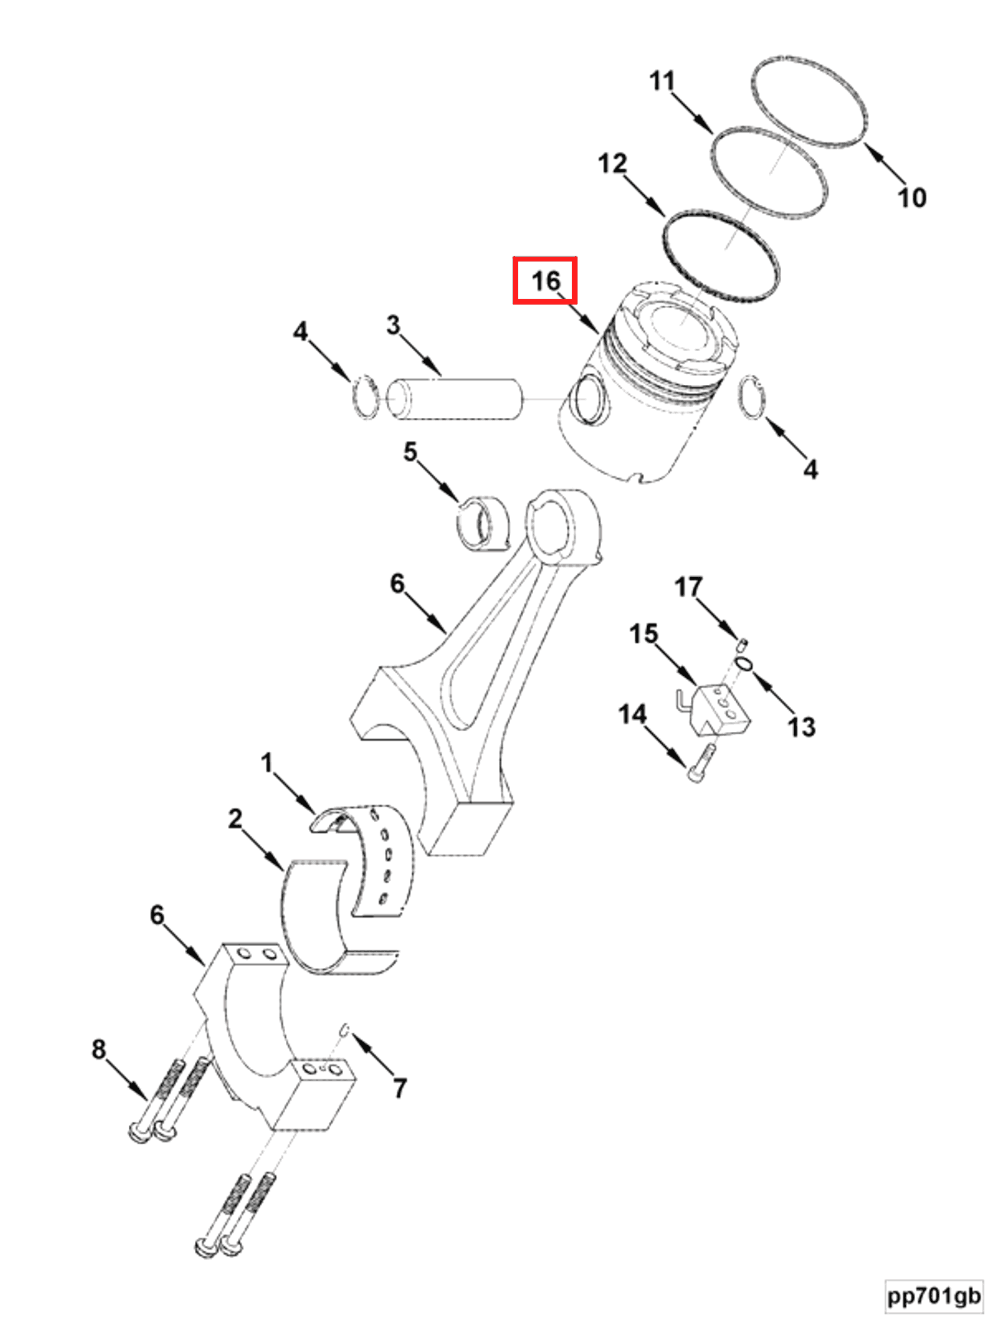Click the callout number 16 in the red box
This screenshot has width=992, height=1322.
coord(546,281)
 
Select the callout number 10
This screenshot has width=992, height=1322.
coord(911,197)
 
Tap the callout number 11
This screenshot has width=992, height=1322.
coord(661,81)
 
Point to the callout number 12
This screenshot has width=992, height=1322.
coord(612,163)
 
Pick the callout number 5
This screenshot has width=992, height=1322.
coord(410,452)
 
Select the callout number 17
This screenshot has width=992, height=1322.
coord(688,587)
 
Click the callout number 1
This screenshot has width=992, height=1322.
coord(267,763)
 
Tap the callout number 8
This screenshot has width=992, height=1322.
coord(99,1048)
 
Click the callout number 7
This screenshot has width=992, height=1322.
coord(399,1088)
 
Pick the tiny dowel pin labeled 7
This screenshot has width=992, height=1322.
coord(345,1028)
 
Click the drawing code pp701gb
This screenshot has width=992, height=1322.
coord(934,1295)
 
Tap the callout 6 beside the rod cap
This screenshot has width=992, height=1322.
coord(156,931)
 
